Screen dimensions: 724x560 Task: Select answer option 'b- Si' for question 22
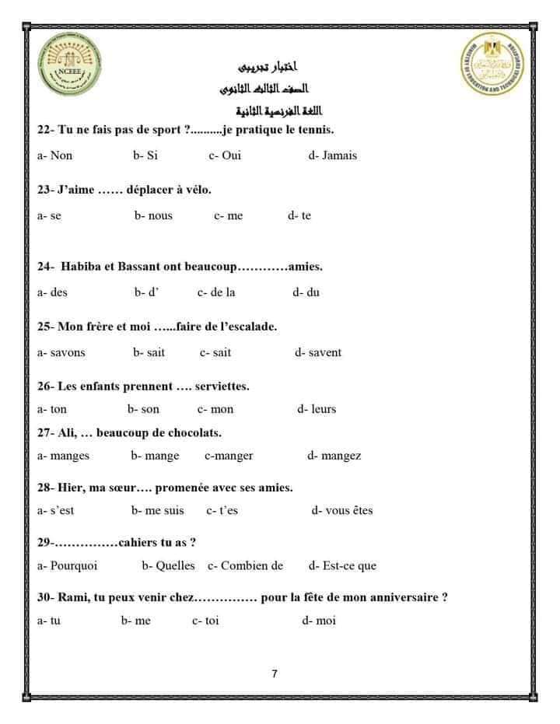click(145, 156)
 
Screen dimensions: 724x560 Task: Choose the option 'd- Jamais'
click(333, 156)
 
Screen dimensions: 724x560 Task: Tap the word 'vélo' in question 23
click(196, 189)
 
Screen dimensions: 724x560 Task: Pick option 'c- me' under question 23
click(228, 215)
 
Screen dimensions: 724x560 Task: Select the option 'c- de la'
click(216, 292)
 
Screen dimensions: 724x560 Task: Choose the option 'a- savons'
click(61, 352)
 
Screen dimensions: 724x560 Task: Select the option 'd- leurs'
click(317, 409)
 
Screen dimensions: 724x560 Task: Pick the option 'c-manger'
click(229, 456)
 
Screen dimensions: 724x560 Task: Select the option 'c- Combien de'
click(245, 566)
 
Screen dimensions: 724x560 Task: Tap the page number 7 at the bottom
click(275, 674)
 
